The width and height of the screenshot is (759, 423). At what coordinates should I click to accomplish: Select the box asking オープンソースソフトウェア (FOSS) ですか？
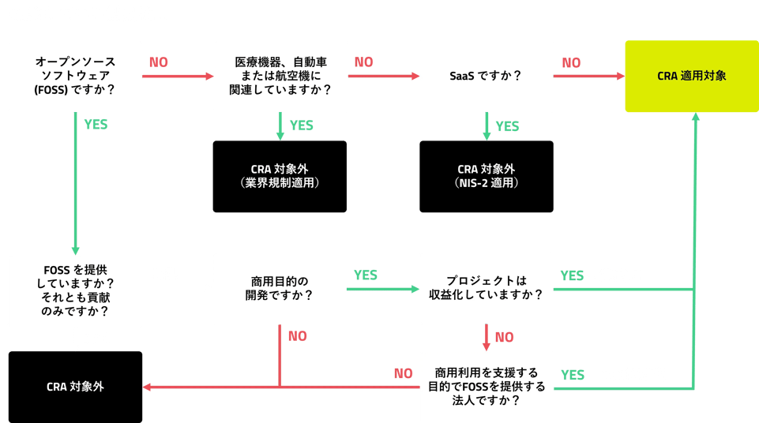pos(75,76)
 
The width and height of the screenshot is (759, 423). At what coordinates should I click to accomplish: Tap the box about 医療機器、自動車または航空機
pos(280,76)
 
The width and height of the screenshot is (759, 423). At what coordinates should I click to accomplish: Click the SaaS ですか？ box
pos(486,76)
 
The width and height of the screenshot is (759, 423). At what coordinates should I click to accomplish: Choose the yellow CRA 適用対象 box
pos(691,76)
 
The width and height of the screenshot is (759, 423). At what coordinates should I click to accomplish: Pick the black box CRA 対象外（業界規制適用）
pos(280,176)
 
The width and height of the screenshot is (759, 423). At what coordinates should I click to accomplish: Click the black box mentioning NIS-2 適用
pos(486,176)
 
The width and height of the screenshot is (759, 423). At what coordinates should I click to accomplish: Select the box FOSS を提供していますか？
pos(75,290)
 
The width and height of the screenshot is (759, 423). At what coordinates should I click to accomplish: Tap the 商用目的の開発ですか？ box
pos(280,288)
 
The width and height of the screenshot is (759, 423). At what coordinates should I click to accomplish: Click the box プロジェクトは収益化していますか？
pos(486,288)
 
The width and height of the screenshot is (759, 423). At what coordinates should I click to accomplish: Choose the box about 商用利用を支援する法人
pos(486,387)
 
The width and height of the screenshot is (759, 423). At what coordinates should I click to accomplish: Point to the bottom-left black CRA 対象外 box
pos(75,387)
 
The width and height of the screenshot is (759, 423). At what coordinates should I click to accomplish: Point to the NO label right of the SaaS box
pos(571,62)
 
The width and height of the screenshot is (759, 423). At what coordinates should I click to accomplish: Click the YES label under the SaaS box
pos(507,126)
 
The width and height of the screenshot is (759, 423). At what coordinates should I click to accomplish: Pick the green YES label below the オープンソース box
pos(96,125)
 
